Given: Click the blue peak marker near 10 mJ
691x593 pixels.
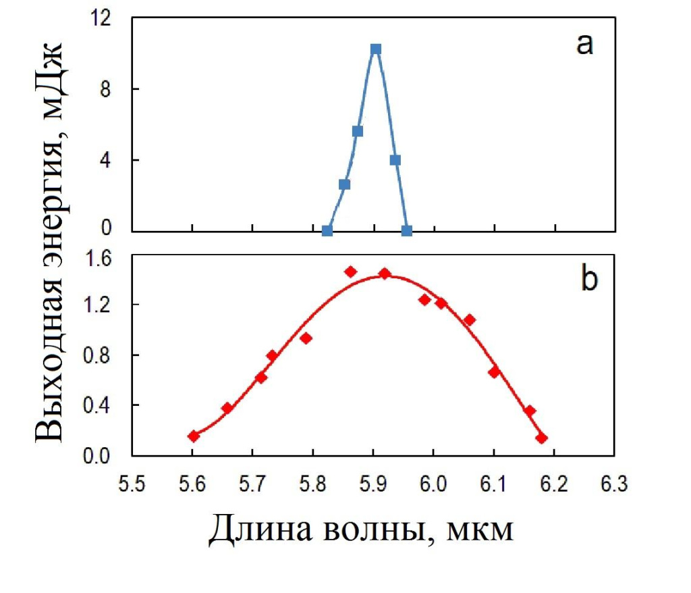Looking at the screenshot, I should coord(376,49).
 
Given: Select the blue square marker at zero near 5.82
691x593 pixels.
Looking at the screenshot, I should coord(327,231).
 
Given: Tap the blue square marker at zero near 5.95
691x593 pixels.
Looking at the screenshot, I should coord(407,231).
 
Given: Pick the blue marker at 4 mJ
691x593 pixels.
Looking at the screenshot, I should coord(395,160).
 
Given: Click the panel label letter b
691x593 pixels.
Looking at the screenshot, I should coord(588,280).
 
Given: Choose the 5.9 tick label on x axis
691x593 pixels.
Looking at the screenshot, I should coord(373,484).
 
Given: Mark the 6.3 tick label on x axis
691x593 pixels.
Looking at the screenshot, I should coord(615,484).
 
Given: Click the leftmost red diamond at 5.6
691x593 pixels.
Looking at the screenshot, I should coord(194,436).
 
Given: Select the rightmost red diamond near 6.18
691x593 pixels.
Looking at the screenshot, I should coord(541,438).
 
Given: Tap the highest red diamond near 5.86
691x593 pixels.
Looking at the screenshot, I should coord(350,272).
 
